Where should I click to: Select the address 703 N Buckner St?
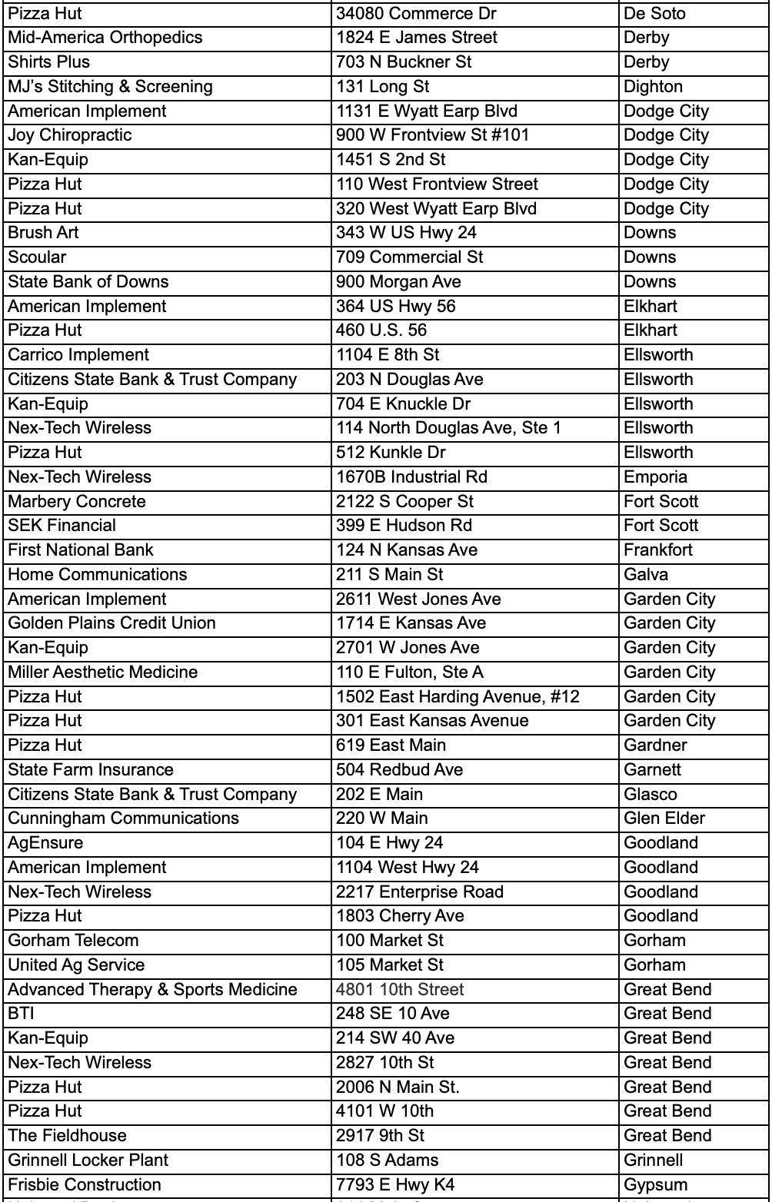pos(404,62)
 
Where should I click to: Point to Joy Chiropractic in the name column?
pos(70,135)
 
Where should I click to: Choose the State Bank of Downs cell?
pos(88,282)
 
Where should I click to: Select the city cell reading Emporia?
pos(655,477)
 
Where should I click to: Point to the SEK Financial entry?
pos(62,526)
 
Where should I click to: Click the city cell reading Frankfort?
pos(658,550)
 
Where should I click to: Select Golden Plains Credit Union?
pos(111,623)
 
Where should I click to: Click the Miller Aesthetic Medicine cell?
pos(103,672)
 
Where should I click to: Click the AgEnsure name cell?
pos(45,843)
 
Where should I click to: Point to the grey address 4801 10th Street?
pos(400,990)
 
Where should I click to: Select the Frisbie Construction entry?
pos(85,1185)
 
